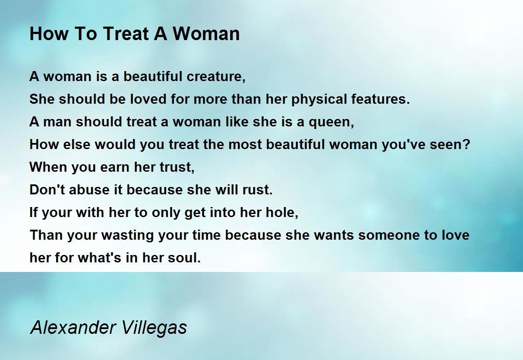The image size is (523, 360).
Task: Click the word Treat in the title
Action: coord(126,34)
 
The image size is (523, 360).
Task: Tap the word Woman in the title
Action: coord(206,34)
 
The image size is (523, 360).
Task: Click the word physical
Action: coord(319,100)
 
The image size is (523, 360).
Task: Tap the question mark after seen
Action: coord(467,144)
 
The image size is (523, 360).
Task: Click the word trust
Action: coord(175,167)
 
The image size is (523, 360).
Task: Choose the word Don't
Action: coord(47,189)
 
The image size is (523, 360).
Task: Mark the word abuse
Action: coord(89,189)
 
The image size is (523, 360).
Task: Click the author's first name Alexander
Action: coord(73,327)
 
